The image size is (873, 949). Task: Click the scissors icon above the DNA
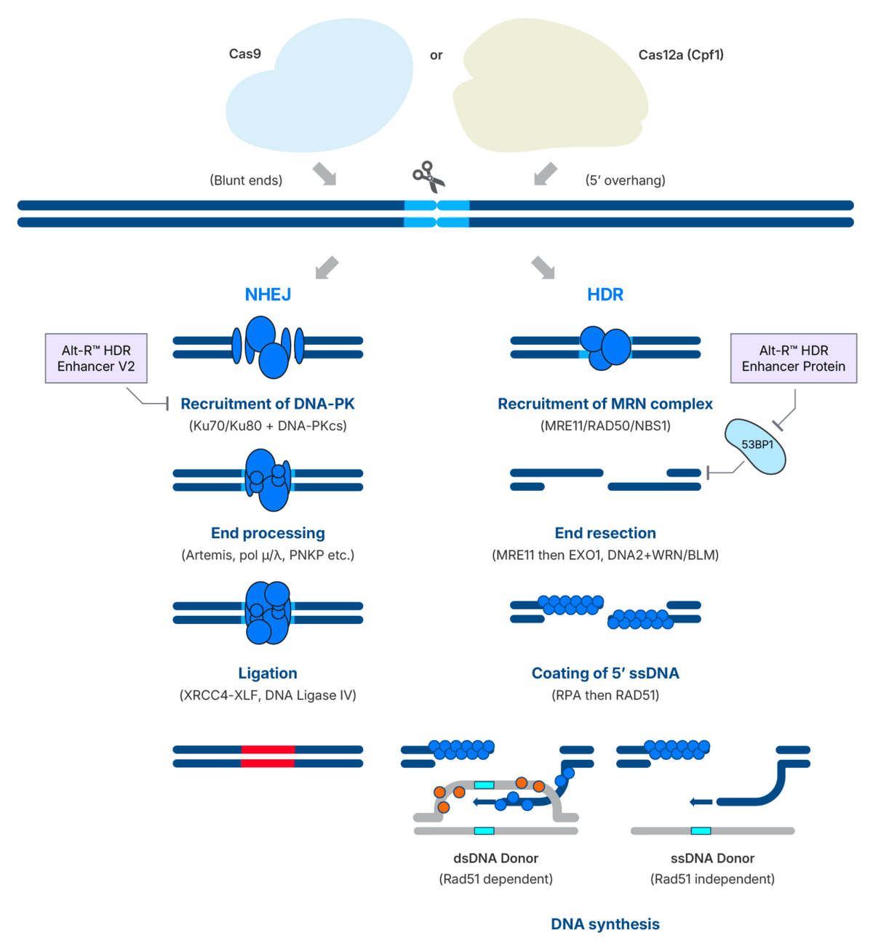[x=428, y=176]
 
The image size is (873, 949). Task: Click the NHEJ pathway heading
[x=268, y=295]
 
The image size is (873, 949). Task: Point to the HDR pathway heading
[x=605, y=295]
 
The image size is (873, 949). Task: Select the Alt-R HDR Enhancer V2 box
[x=96, y=359]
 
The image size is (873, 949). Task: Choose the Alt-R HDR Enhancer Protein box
[x=793, y=359]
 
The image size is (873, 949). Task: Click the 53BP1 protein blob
[x=756, y=446]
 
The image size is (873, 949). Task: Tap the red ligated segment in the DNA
[x=268, y=756]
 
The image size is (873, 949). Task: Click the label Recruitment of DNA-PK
[x=268, y=404]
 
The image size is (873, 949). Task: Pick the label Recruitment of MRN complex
[x=605, y=404]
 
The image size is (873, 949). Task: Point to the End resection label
[x=605, y=533]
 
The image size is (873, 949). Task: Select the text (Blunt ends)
[x=246, y=180]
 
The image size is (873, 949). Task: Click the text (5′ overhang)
[x=626, y=180]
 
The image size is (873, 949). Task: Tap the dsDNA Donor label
[x=495, y=858]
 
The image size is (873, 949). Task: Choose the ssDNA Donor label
[x=712, y=858]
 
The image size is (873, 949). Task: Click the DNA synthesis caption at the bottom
[x=605, y=924]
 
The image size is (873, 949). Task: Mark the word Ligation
[x=268, y=673]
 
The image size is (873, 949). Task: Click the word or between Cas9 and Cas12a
[x=436, y=55]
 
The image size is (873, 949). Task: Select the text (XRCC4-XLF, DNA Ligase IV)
[x=268, y=695]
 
